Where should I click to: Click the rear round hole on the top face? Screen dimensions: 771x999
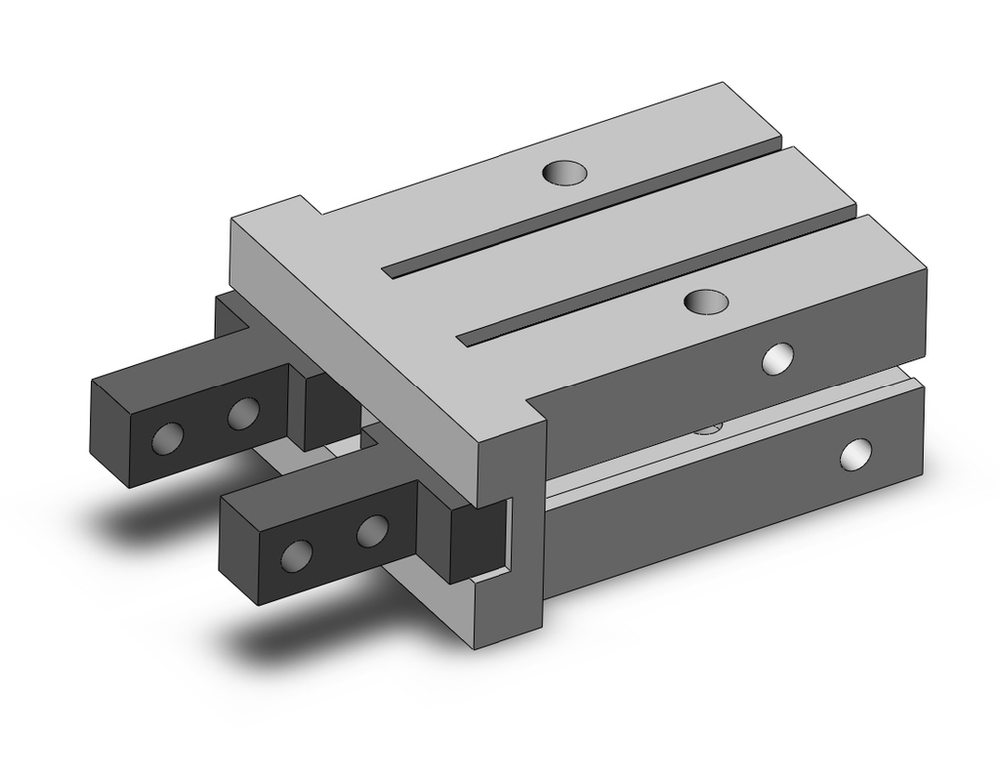point(563,173)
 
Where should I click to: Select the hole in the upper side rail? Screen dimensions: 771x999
point(777,357)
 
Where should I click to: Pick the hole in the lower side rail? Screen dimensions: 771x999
point(855,455)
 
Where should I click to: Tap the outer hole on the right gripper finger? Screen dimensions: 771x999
point(297,556)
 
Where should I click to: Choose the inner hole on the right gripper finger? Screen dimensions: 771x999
point(373,531)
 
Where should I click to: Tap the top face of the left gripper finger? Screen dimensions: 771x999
point(190,375)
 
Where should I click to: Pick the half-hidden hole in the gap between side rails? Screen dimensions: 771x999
point(708,429)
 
